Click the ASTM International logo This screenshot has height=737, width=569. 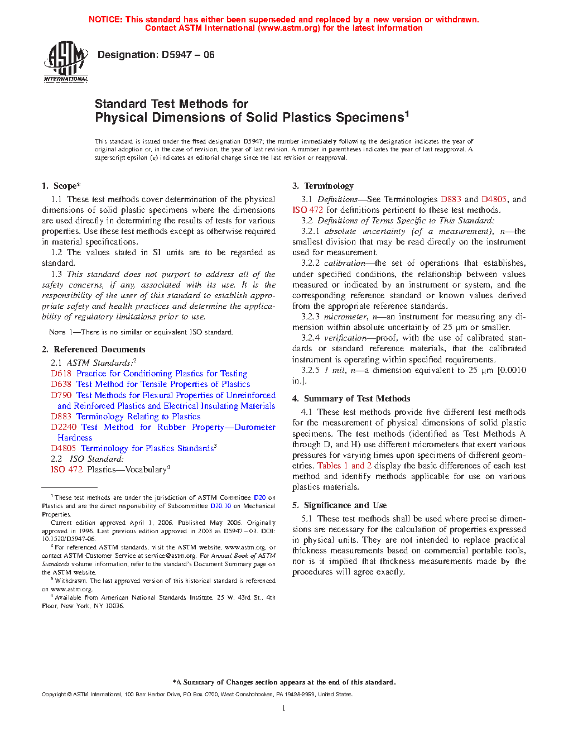tap(66, 61)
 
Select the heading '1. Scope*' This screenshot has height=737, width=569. tap(61, 186)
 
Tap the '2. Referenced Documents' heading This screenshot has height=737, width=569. tap(94, 350)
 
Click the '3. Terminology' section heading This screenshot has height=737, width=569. tap(323, 186)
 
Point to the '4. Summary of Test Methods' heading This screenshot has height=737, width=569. tap(351, 399)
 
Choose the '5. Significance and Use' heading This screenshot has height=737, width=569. tap(340, 505)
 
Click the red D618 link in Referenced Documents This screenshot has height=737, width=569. tap(61, 374)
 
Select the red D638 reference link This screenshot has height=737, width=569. tap(61, 384)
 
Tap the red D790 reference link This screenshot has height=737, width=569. tap(61, 395)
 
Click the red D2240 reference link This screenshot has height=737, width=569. tap(64, 427)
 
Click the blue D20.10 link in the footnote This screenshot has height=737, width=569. tap(220, 506)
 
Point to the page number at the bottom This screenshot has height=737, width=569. tap(284, 709)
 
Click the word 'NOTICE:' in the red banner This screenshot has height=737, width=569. tap(105, 20)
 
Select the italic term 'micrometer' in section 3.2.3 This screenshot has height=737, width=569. tap(345, 317)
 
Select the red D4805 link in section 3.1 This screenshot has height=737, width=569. tap(494, 199)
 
